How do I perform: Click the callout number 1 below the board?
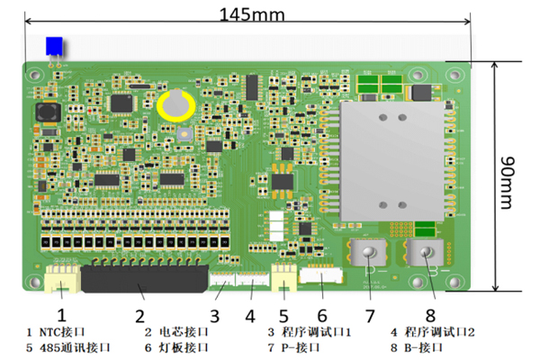[x=61, y=315]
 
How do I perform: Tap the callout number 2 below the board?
[x=139, y=316]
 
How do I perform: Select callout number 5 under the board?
[x=283, y=316]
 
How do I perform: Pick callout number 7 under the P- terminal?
[x=368, y=316]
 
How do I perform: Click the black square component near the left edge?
[x=47, y=113]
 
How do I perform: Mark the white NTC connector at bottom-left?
[x=62, y=281]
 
